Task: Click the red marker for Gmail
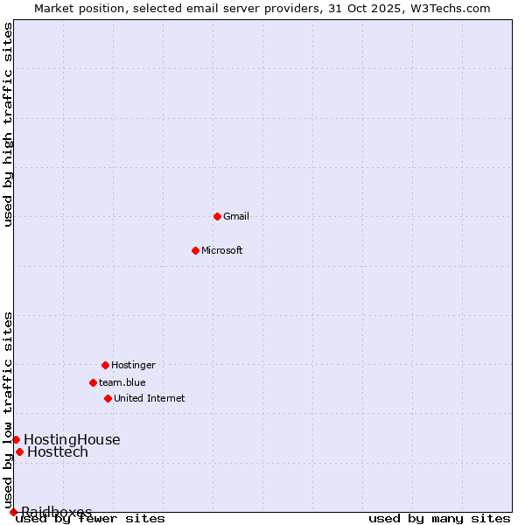(217, 216)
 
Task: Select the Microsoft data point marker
(195, 250)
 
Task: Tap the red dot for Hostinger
(105, 365)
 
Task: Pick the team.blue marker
(93, 382)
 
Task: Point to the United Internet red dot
(108, 398)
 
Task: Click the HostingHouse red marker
(16, 439)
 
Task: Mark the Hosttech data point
(19, 451)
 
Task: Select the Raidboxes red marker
(13, 512)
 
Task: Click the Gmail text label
(236, 216)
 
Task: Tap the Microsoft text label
(222, 250)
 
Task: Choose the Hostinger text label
(133, 365)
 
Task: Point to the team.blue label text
(122, 382)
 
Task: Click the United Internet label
(150, 398)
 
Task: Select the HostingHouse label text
(72, 439)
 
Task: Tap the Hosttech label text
(58, 451)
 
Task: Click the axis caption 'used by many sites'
(439, 519)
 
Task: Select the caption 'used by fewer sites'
(91, 519)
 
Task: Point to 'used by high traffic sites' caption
(8, 124)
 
